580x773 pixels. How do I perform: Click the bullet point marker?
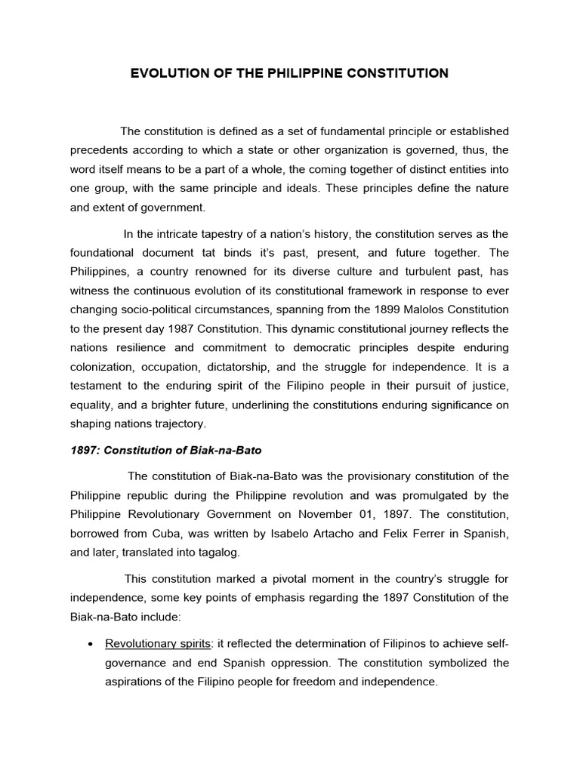click(91, 644)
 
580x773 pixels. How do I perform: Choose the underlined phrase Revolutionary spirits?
click(159, 643)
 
